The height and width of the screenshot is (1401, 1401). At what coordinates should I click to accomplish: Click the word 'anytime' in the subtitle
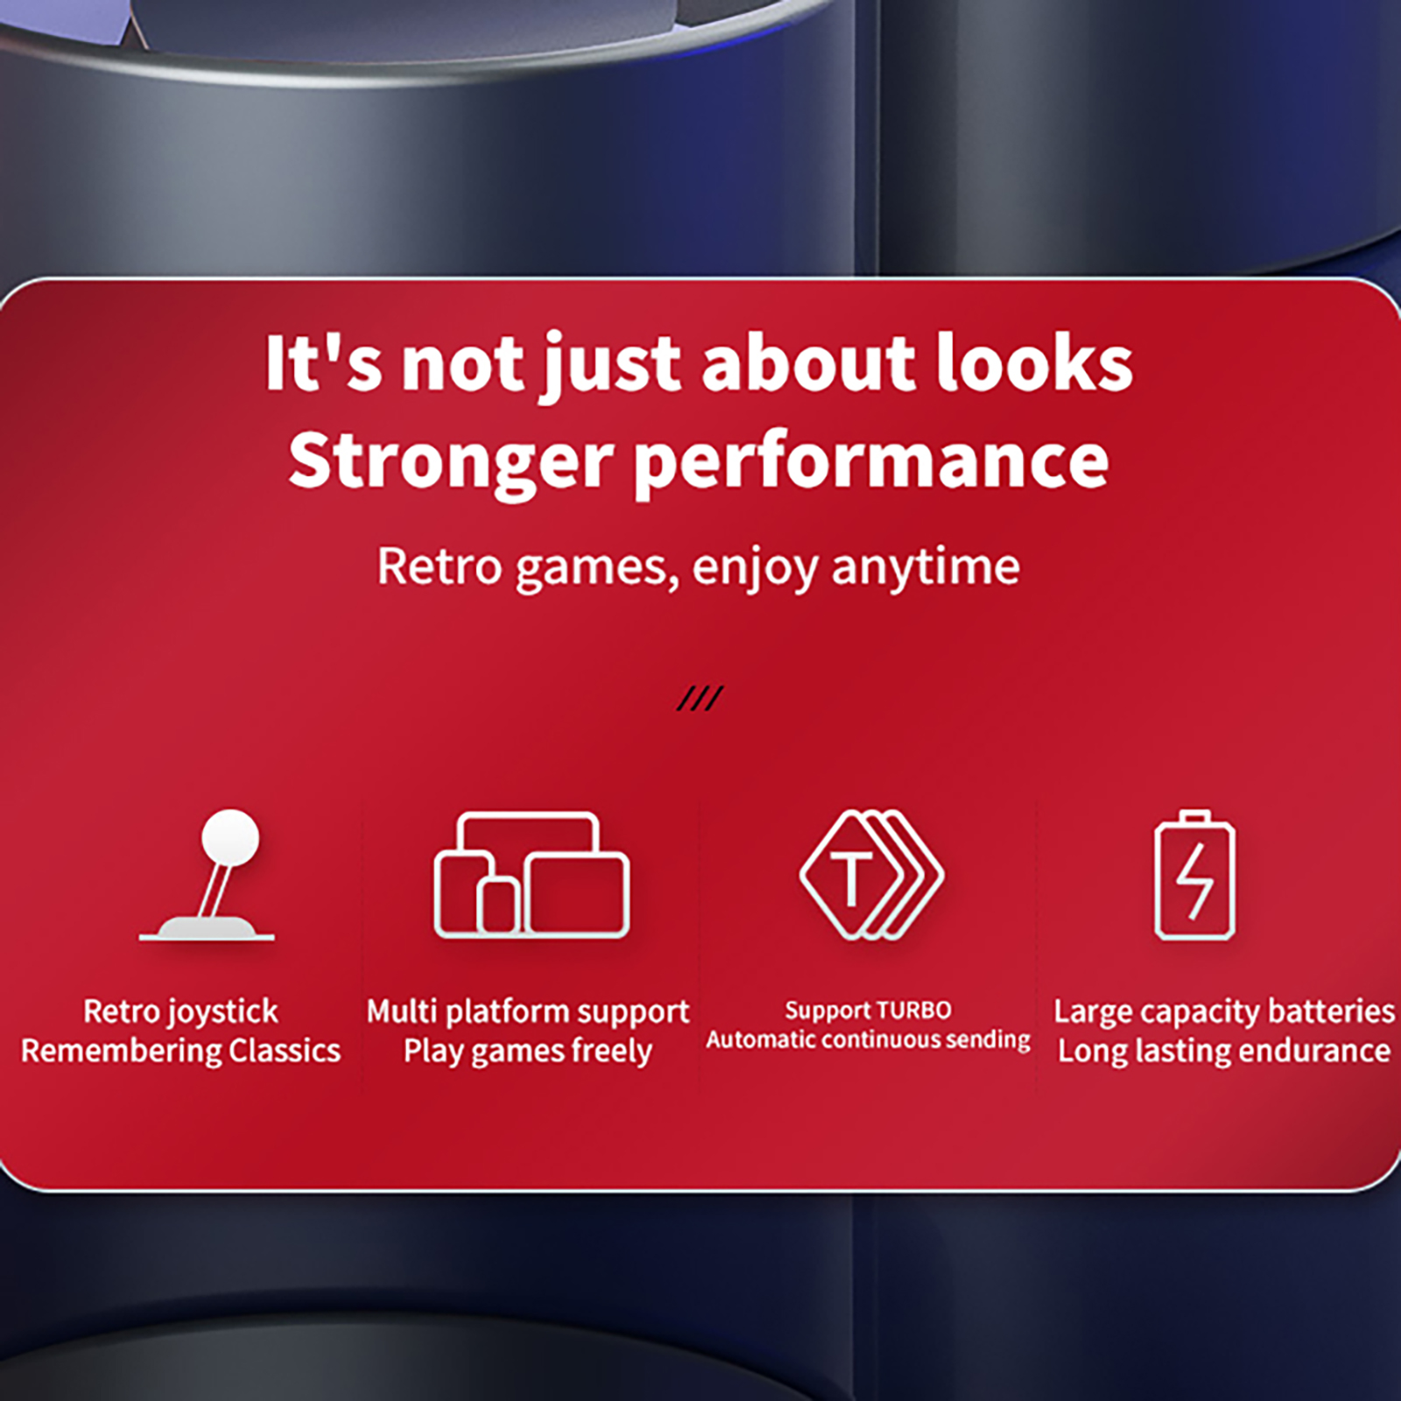pos(926,567)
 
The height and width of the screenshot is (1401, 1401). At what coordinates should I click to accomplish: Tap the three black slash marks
pos(700,698)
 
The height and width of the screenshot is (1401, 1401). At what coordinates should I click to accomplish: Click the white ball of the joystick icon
pos(230,836)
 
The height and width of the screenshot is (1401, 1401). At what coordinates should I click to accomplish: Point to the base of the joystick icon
pos(207,928)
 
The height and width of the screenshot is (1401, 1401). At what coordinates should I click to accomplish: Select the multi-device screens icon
pos(532,876)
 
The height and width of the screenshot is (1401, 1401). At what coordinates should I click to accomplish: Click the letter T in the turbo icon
pos(851,878)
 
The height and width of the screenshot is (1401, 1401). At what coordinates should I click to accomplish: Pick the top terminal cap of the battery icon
pos(1195,817)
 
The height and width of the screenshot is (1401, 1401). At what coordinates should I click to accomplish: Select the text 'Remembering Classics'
pos(180,1051)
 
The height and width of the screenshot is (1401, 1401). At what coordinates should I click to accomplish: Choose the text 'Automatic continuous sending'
pos(869,1040)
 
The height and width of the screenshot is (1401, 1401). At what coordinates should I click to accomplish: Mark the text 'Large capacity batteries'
pos(1224,1012)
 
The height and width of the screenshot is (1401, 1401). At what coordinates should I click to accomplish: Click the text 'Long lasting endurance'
pos(1224,1051)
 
